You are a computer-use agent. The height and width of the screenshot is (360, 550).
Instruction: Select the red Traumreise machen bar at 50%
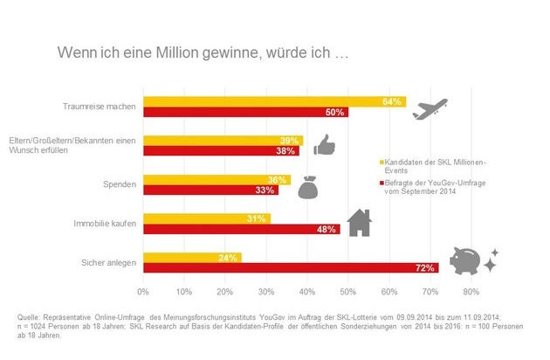[245, 113]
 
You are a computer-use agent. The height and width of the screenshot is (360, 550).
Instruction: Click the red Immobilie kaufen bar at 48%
[241, 230]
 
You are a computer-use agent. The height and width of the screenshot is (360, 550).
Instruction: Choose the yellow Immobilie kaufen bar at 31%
[206, 218]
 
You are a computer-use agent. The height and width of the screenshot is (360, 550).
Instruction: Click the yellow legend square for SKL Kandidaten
[381, 162]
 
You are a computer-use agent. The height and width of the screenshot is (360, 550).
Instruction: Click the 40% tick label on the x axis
[307, 291]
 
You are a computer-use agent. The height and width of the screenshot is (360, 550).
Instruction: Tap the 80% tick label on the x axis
[471, 291]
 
